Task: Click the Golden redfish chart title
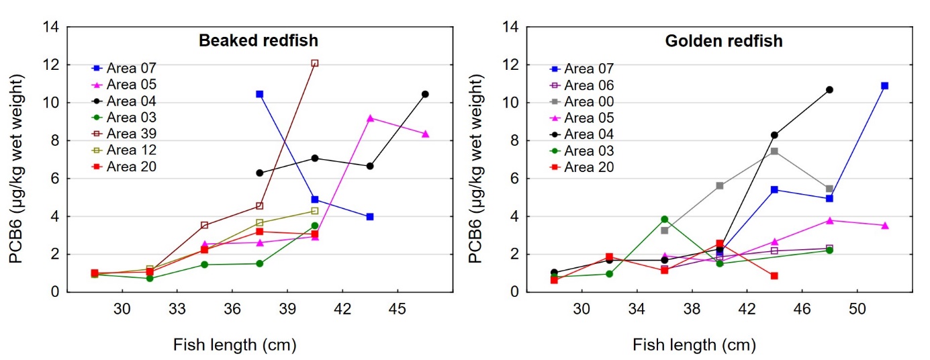pyautogui.click(x=724, y=41)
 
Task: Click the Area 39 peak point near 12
pyautogui.click(x=314, y=63)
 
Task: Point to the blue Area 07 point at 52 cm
pyautogui.click(x=884, y=86)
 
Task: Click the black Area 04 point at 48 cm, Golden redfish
pyautogui.click(x=829, y=89)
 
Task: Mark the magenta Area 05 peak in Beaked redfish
pyautogui.click(x=370, y=118)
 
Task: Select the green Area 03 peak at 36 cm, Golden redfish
pyautogui.click(x=664, y=219)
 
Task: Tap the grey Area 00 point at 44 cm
pyautogui.click(x=774, y=151)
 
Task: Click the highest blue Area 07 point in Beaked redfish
pyautogui.click(x=259, y=94)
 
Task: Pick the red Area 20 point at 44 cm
pyautogui.click(x=774, y=275)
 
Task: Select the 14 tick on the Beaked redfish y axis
pyautogui.click(x=52, y=28)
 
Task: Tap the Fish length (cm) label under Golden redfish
pyautogui.click(x=694, y=345)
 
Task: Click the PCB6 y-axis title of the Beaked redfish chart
pyautogui.click(x=16, y=160)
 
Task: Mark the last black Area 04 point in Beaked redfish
pyautogui.click(x=425, y=94)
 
